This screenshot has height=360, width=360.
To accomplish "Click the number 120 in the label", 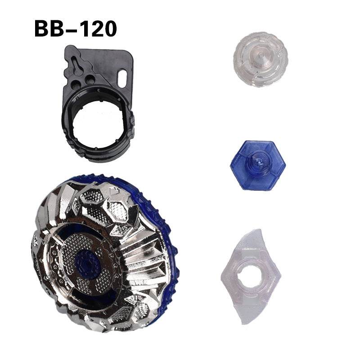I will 97,28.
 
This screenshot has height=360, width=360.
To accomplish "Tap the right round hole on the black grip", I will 90,80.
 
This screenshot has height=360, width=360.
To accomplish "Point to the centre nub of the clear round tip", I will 260,56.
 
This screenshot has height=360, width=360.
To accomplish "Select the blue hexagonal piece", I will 257,165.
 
